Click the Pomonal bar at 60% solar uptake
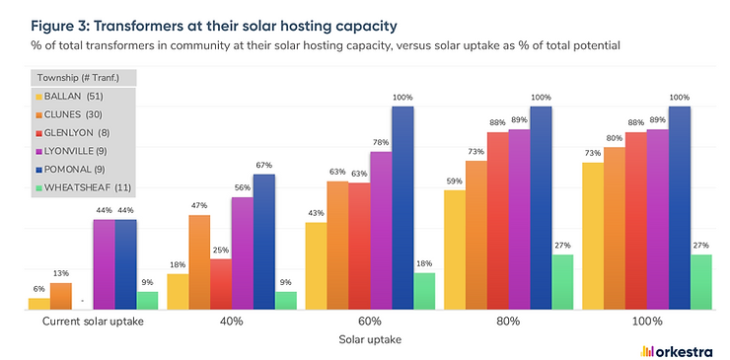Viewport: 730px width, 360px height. click(x=403, y=208)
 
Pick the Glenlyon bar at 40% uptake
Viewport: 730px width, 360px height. click(x=221, y=285)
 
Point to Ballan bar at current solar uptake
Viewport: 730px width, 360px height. click(x=38, y=304)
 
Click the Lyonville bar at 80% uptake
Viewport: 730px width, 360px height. click(x=519, y=220)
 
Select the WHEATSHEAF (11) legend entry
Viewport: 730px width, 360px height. click(x=88, y=185)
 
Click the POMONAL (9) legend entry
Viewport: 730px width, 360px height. click(x=79, y=168)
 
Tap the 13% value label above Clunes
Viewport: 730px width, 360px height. click(x=60, y=273)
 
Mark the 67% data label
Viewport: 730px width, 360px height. click(x=263, y=165)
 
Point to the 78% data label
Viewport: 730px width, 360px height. click(x=381, y=143)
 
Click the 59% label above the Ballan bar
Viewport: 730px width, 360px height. click(x=455, y=180)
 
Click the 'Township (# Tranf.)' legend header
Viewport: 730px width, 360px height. click(x=80, y=77)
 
